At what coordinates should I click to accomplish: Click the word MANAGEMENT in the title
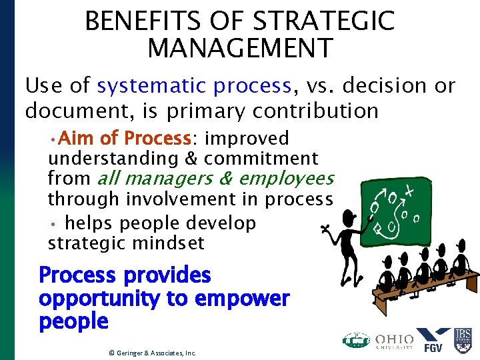pos(240,49)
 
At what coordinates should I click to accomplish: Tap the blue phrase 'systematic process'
pos(194,86)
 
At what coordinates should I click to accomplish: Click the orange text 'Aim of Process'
pos(125,139)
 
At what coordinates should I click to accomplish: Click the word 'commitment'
pos(261,159)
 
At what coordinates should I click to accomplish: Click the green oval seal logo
pos(356,340)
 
